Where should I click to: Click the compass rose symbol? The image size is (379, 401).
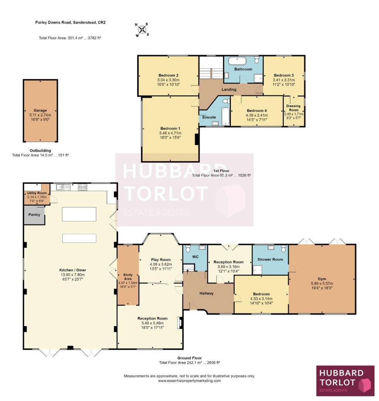pos(143,29)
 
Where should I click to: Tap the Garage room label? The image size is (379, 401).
pos(40,110)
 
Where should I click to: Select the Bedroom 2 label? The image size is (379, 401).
pos(168,75)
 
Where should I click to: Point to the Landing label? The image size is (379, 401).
pos(229,89)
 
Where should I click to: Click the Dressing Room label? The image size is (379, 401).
pos(294,108)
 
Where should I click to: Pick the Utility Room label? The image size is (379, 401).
pos(37,193)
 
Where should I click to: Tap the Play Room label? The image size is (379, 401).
pos(160,260)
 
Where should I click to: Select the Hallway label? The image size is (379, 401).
pos(207,293)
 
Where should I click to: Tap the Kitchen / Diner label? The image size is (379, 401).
pos(70,269)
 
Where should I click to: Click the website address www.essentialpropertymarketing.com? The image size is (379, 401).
pos(189,381)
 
